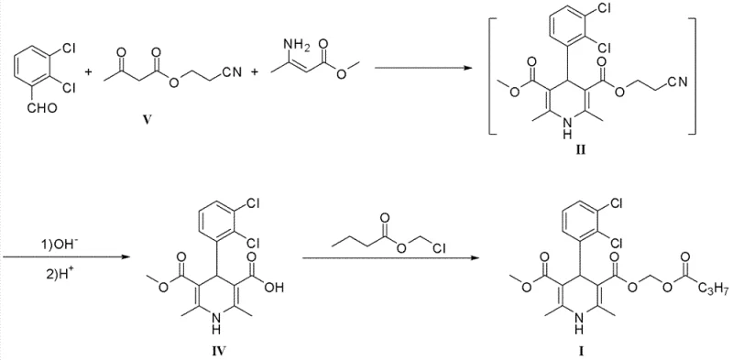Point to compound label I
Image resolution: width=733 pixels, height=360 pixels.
tap(582, 349)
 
